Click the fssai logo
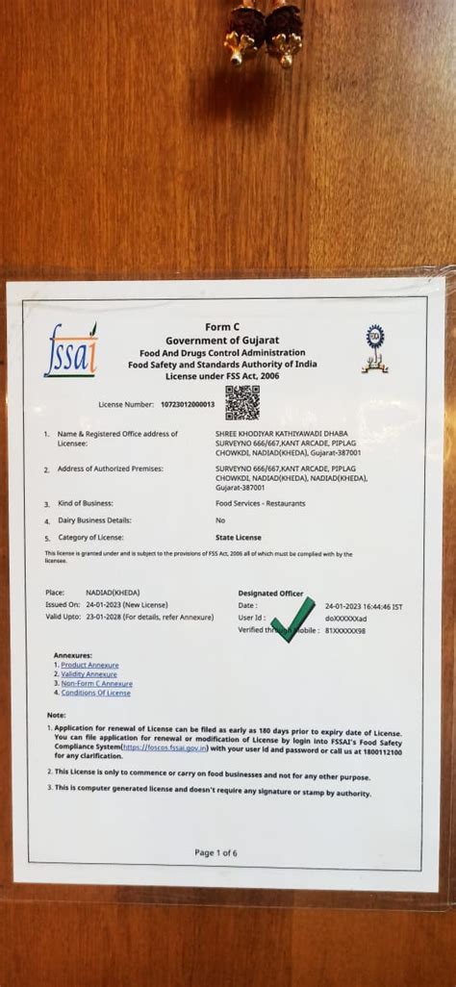70,350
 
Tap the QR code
242,403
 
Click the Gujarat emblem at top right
374,349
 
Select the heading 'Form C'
222,328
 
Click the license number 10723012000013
188,405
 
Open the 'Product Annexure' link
89,665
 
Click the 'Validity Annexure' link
89,674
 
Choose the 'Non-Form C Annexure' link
96,684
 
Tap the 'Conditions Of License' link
95,693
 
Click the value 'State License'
238,537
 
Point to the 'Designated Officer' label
270,594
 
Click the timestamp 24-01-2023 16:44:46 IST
364,606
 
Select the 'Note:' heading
56,716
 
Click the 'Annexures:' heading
72,655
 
